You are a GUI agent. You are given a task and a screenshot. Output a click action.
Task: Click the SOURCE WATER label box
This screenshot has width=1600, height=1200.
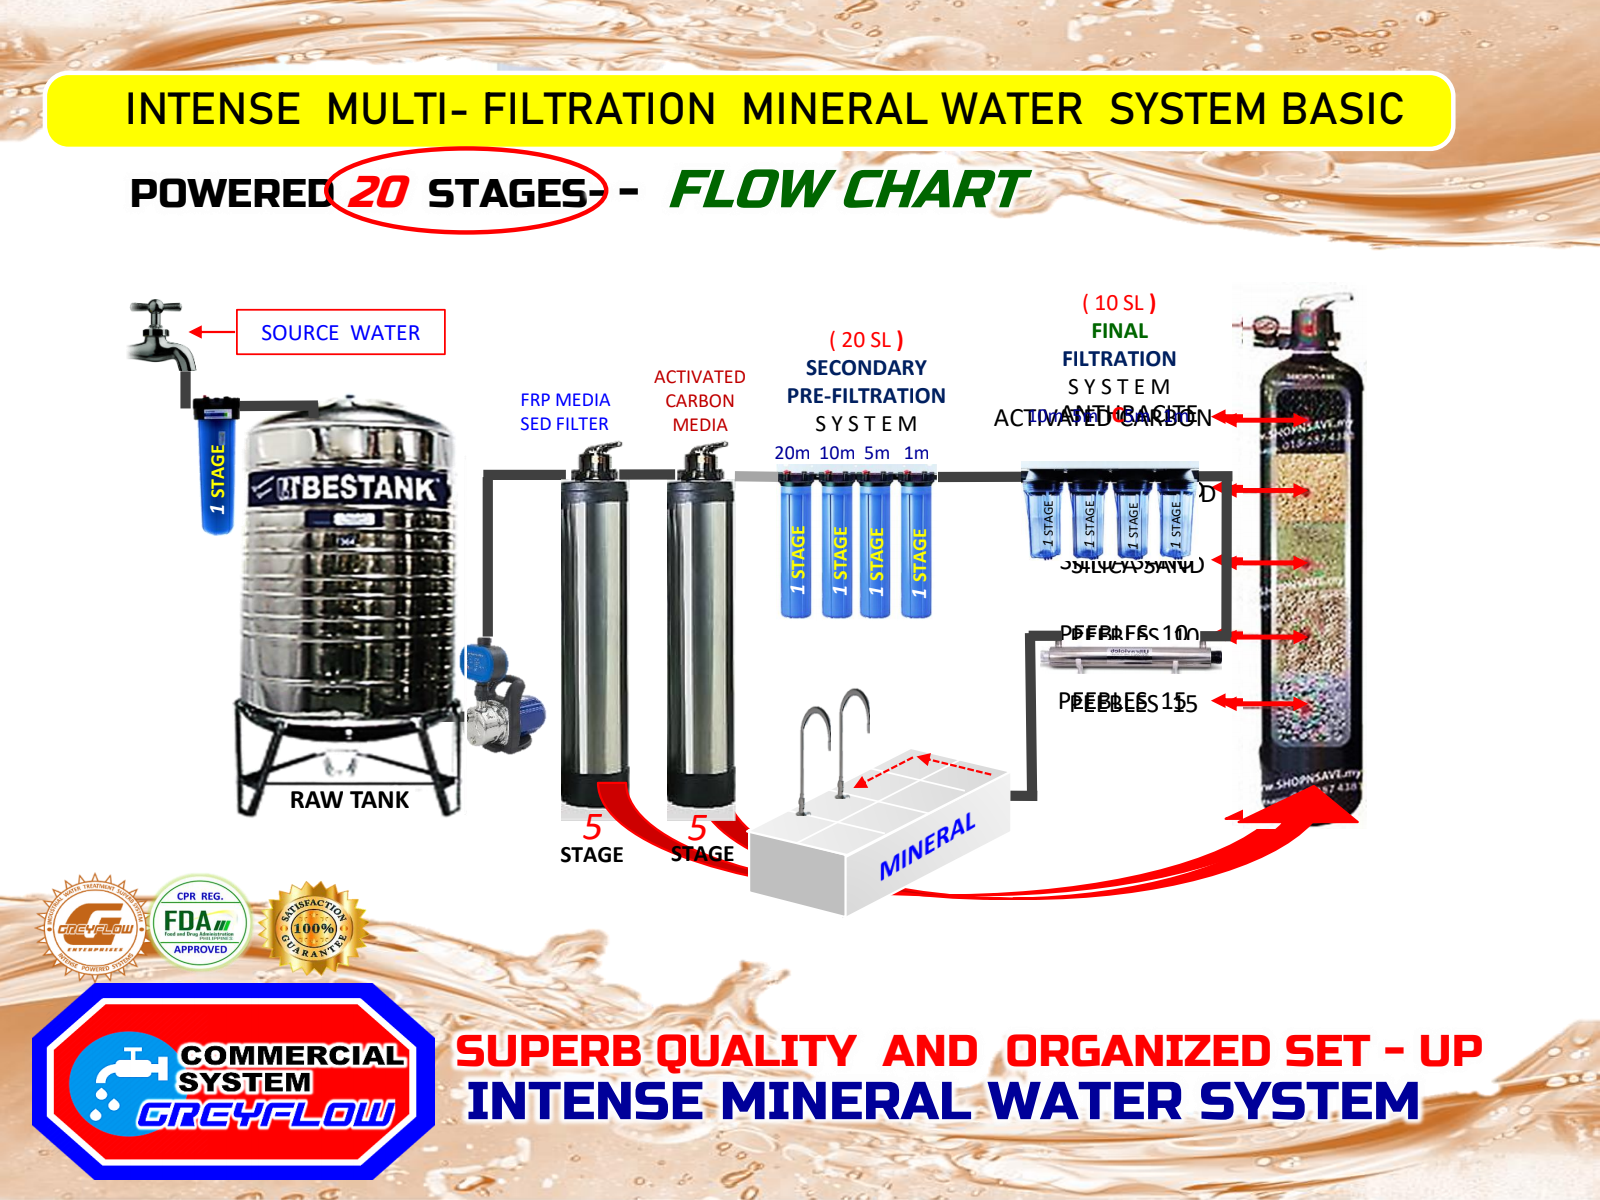(340, 333)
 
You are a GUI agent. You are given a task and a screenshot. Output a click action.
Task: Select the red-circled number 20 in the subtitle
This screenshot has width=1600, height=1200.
(379, 192)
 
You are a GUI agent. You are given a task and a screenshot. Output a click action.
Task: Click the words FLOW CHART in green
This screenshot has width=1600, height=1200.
(848, 190)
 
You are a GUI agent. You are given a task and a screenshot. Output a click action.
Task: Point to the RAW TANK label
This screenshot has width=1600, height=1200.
(349, 800)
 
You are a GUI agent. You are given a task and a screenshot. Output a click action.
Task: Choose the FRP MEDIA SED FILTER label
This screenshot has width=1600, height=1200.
(564, 412)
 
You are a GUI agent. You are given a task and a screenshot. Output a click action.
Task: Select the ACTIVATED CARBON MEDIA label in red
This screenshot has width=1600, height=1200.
(700, 401)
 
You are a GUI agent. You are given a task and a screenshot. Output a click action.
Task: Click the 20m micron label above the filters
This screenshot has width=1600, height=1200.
(792, 453)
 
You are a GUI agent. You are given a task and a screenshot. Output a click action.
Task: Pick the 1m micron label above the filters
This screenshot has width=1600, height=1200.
(916, 453)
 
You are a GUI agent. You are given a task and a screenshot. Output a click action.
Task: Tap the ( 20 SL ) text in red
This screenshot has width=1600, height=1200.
(866, 340)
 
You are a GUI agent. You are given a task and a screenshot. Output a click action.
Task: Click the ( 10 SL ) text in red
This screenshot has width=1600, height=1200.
(1119, 303)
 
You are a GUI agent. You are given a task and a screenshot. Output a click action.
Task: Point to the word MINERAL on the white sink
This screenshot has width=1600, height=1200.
(927, 847)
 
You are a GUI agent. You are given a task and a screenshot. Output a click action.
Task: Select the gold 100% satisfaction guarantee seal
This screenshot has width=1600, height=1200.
(313, 927)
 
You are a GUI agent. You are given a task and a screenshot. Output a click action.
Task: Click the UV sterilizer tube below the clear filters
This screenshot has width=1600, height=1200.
(1130, 657)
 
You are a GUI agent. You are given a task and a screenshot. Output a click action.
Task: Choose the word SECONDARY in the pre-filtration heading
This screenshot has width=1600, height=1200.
(866, 368)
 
